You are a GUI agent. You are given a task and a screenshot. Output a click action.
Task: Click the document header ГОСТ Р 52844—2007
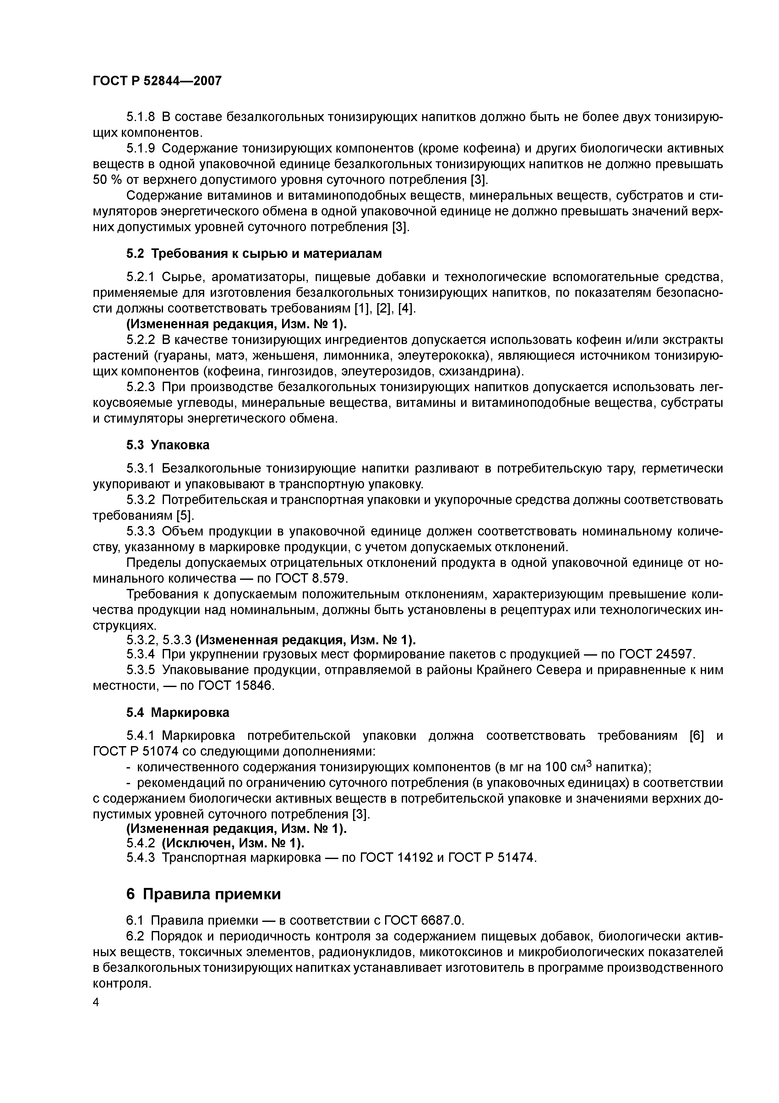[157, 81]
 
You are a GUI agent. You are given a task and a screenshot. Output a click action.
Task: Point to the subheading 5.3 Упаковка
[168, 445]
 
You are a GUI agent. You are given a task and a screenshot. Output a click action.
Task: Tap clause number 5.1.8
[141, 117]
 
